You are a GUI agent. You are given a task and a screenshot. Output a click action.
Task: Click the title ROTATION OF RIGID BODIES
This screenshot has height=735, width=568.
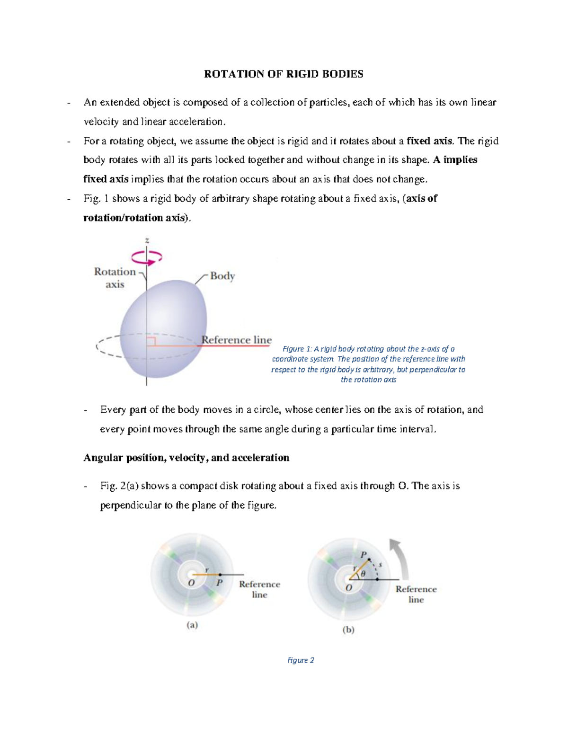tap(284, 74)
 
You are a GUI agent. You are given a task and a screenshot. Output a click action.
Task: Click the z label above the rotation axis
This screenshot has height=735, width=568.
tap(147, 240)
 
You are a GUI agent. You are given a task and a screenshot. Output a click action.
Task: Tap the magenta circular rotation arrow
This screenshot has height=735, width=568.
tap(147, 257)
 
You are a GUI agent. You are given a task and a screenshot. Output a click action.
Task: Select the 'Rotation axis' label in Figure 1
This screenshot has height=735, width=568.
tap(115, 278)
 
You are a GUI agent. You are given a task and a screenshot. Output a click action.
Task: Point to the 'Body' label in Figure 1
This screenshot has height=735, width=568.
tap(222, 276)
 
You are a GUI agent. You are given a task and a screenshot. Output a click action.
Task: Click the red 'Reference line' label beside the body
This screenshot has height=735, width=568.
tap(236, 340)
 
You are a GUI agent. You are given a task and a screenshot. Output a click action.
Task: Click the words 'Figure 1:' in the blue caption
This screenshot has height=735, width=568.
tap(297, 349)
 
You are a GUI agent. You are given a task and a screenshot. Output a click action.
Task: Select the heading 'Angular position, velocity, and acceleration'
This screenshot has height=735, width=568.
tap(186, 458)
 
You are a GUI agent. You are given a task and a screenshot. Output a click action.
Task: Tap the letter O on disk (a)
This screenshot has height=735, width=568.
tap(191, 583)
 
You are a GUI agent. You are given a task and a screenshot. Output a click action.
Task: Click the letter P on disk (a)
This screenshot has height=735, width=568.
tap(219, 583)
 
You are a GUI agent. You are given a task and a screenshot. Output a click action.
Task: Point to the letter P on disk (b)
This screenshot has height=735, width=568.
tap(364, 555)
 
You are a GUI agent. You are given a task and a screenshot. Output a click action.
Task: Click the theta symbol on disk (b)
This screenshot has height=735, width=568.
tap(363, 574)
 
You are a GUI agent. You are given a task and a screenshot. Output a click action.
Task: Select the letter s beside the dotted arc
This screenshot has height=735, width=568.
tap(380, 564)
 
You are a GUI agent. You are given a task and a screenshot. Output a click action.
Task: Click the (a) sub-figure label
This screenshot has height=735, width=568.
tap(192, 625)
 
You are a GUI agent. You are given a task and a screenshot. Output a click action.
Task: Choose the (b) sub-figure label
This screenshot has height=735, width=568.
tap(348, 630)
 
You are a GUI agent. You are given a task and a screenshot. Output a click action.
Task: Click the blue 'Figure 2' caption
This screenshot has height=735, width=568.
tap(301, 660)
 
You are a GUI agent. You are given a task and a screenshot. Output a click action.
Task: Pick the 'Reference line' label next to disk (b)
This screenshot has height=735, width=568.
tap(416, 594)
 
